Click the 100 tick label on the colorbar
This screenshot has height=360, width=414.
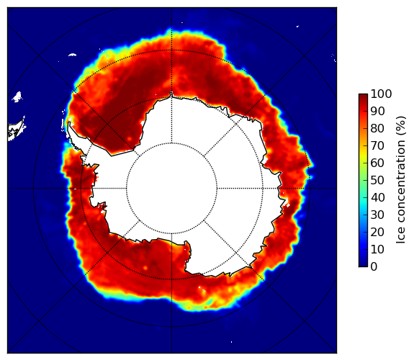point(381,94)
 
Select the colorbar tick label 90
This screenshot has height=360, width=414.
point(377,111)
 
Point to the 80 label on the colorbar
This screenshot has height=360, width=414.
point(377,128)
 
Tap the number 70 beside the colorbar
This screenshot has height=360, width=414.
point(377,145)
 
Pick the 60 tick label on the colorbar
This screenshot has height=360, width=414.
point(377,163)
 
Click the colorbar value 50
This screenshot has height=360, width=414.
point(377,181)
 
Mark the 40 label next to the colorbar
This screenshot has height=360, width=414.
point(377,197)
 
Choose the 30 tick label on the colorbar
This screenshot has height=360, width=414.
point(377,215)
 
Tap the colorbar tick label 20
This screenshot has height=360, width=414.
point(377,232)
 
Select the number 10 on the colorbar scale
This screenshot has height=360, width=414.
point(377,250)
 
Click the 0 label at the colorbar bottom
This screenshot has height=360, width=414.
point(374,267)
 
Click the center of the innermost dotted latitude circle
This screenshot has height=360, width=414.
point(172,189)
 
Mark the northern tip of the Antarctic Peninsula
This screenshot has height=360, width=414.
point(69,122)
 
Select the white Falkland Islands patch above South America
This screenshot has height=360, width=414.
point(17,96)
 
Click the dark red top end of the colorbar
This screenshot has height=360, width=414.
point(363,95)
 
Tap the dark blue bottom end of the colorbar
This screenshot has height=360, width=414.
point(363,265)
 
